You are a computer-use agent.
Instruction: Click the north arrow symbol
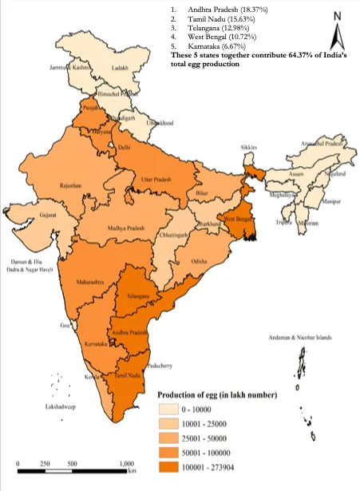pyautogui.click(x=338, y=32)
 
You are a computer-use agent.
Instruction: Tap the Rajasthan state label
pyautogui.click(x=71, y=185)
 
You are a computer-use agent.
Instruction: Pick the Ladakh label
pyautogui.click(x=120, y=69)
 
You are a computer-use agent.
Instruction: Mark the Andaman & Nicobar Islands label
pyautogui.click(x=303, y=339)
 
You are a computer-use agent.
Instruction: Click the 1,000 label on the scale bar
pyautogui.click(x=126, y=464)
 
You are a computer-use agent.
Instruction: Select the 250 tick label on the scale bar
pyautogui.click(x=46, y=464)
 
